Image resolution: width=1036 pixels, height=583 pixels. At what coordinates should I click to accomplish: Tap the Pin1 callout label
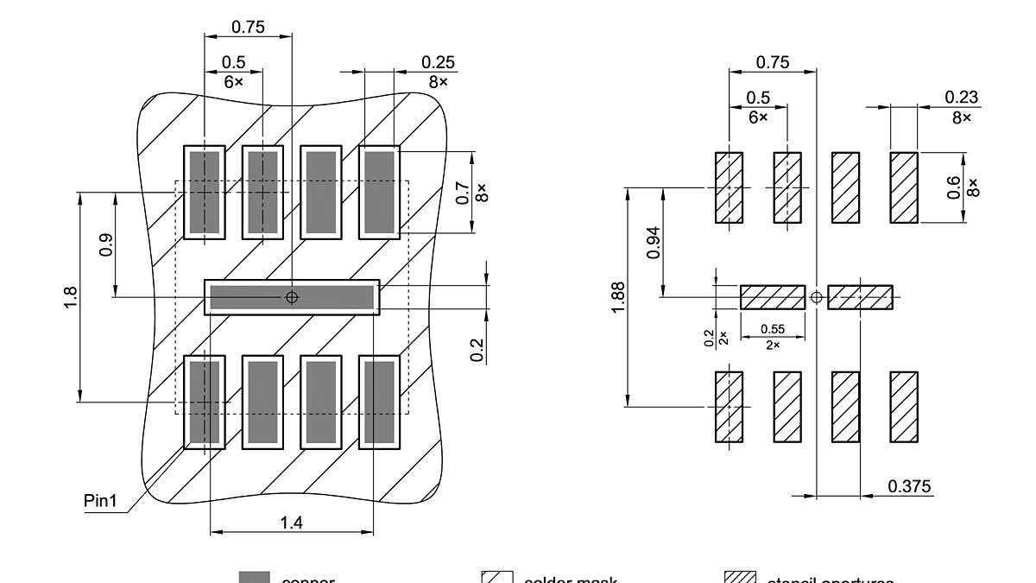tap(101, 500)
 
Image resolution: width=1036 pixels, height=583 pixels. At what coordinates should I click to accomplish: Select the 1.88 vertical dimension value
tap(618, 297)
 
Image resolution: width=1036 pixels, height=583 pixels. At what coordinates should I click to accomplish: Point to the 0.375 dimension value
tap(910, 486)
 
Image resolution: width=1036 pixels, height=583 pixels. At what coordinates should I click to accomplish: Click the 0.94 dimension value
tap(654, 243)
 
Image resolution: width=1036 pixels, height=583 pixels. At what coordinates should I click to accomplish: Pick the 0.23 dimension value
tap(962, 98)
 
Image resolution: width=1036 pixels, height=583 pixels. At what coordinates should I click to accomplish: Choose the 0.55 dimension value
tap(772, 329)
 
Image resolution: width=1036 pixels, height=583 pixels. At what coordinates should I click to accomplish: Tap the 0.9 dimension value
tap(106, 244)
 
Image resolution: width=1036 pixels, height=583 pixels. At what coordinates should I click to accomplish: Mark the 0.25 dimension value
tap(438, 62)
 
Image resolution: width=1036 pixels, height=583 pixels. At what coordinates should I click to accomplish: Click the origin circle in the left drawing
tap(292, 297)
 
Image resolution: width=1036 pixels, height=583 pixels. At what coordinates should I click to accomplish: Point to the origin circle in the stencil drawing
tap(817, 297)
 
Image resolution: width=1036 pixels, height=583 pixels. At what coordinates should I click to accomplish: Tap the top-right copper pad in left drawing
tap(380, 192)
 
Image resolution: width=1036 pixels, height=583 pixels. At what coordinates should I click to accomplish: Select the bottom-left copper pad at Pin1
tap(205, 402)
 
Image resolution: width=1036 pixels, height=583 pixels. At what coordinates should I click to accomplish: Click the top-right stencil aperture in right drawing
tap(904, 187)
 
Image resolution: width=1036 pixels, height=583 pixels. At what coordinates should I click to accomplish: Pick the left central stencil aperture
tap(773, 297)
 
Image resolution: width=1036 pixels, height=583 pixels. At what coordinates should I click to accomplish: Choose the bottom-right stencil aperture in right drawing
tap(904, 407)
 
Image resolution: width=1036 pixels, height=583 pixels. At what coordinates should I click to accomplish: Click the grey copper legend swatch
tap(254, 578)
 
